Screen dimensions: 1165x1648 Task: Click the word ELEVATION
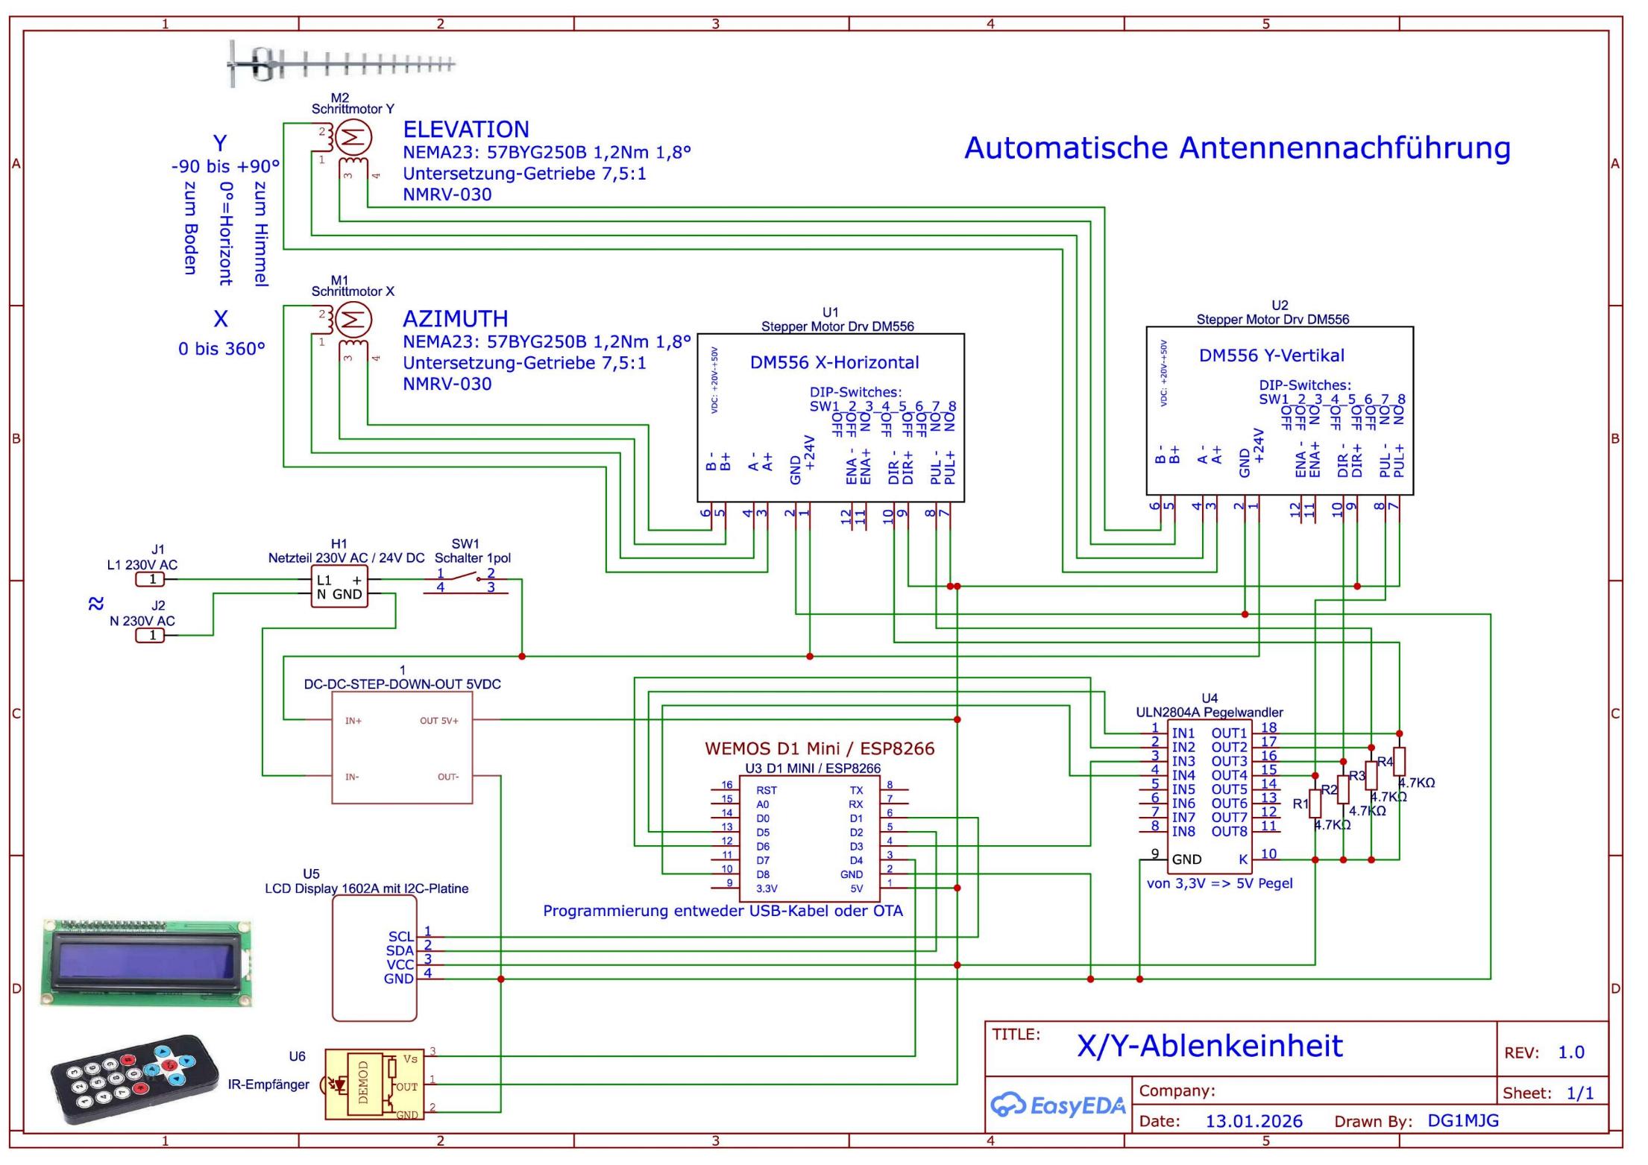coord(466,130)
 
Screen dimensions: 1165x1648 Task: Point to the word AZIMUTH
coord(455,319)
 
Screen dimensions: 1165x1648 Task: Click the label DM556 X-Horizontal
coord(834,363)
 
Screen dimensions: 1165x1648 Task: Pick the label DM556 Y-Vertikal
coord(1271,356)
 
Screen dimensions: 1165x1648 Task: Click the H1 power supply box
coord(339,587)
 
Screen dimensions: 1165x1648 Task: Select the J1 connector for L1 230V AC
coord(151,579)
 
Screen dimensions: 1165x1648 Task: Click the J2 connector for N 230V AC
coord(151,635)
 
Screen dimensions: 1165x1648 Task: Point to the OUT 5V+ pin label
coord(438,721)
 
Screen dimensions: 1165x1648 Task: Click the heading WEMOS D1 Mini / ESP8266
coord(820,748)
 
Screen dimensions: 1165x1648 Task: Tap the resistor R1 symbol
coord(1315,803)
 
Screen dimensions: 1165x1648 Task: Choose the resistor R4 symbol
coord(1399,762)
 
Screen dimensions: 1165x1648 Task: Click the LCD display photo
coord(146,962)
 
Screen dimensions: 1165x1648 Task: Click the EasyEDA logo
coord(1057,1105)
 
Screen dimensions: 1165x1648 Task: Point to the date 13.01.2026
coord(1254,1121)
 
